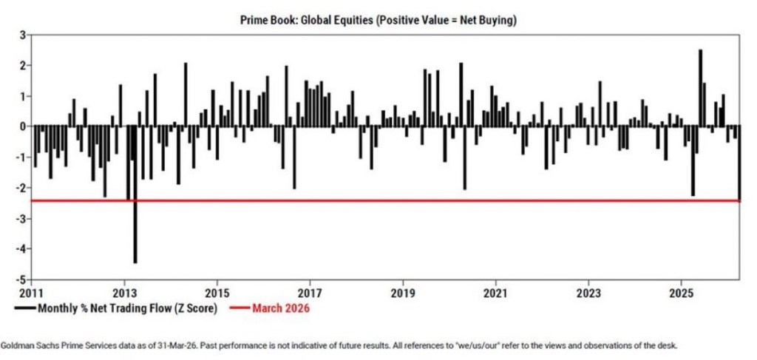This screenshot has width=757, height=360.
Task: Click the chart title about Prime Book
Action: coord(378,21)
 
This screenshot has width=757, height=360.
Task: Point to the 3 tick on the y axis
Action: coord(22,35)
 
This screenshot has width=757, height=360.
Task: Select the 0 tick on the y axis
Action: coord(22,126)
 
